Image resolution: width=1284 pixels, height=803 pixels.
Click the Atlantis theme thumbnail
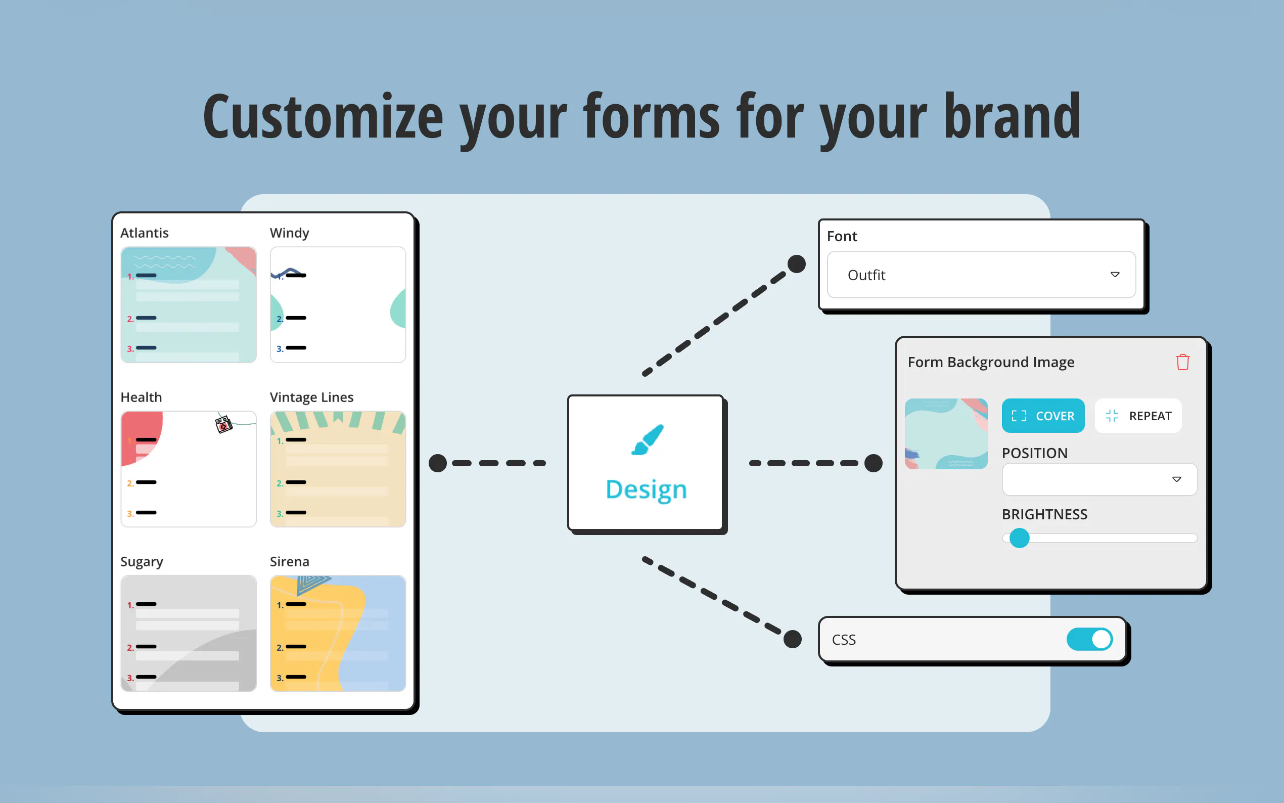click(189, 305)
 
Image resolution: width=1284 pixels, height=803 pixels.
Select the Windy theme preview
click(338, 305)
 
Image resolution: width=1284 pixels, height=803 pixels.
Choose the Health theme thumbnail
click(189, 469)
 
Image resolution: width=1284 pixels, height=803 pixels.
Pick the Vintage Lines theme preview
click(338, 469)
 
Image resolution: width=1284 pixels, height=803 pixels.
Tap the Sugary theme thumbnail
click(189, 633)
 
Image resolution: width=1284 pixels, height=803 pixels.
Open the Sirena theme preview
click(338, 633)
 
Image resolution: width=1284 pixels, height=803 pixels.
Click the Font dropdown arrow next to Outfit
click(1115, 275)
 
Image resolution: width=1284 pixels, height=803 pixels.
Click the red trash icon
click(1182, 362)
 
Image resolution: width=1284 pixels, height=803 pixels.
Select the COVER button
click(1043, 416)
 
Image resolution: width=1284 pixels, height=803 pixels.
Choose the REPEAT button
click(1138, 416)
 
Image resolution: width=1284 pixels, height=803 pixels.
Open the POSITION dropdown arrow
click(1177, 479)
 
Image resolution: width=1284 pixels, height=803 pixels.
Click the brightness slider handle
click(1019, 538)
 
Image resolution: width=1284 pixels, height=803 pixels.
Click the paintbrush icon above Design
click(647, 440)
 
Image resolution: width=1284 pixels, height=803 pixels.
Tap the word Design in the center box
click(646, 489)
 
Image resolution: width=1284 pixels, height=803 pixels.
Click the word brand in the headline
click(1012, 116)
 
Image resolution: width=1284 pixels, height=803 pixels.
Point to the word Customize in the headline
click(323, 116)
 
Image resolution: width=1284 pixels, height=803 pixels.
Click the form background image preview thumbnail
click(946, 434)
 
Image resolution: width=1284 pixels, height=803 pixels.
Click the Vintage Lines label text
click(311, 397)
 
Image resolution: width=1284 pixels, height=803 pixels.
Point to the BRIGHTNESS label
click(1044, 514)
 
